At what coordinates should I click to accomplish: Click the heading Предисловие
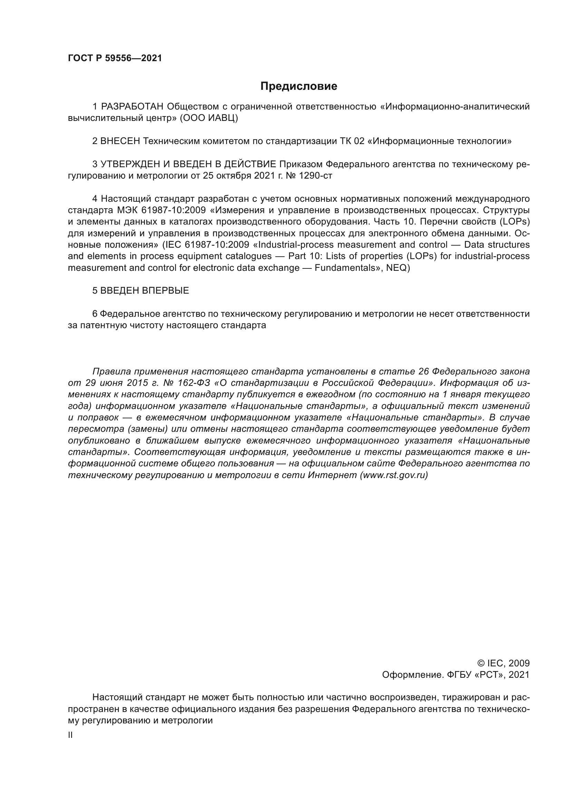(x=299, y=86)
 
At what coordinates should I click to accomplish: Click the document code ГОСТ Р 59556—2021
(x=115, y=58)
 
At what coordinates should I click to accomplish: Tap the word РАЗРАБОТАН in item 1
(x=132, y=107)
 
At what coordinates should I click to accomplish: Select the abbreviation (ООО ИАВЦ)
(x=209, y=118)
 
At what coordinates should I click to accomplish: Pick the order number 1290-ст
(x=316, y=176)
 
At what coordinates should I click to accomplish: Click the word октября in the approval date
(x=232, y=176)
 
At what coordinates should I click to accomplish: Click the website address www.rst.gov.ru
(x=394, y=475)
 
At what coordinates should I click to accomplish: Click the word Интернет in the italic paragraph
(x=332, y=475)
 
